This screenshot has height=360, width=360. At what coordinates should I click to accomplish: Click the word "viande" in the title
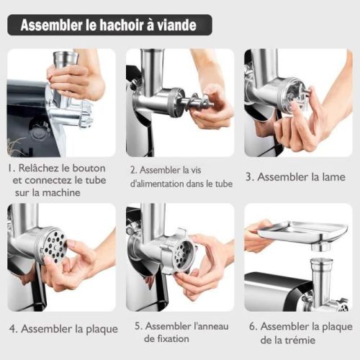coord(181,25)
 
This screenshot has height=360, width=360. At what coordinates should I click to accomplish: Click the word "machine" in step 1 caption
coord(76,193)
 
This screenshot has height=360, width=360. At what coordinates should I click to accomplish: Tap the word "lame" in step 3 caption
coord(330,176)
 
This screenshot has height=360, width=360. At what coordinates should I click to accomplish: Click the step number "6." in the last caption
coord(254,325)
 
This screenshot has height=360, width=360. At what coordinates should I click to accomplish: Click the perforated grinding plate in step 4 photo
coord(53,243)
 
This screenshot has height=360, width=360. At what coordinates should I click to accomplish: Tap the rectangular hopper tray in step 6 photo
coord(302,232)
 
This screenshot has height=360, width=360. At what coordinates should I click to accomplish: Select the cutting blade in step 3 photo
coord(296,95)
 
